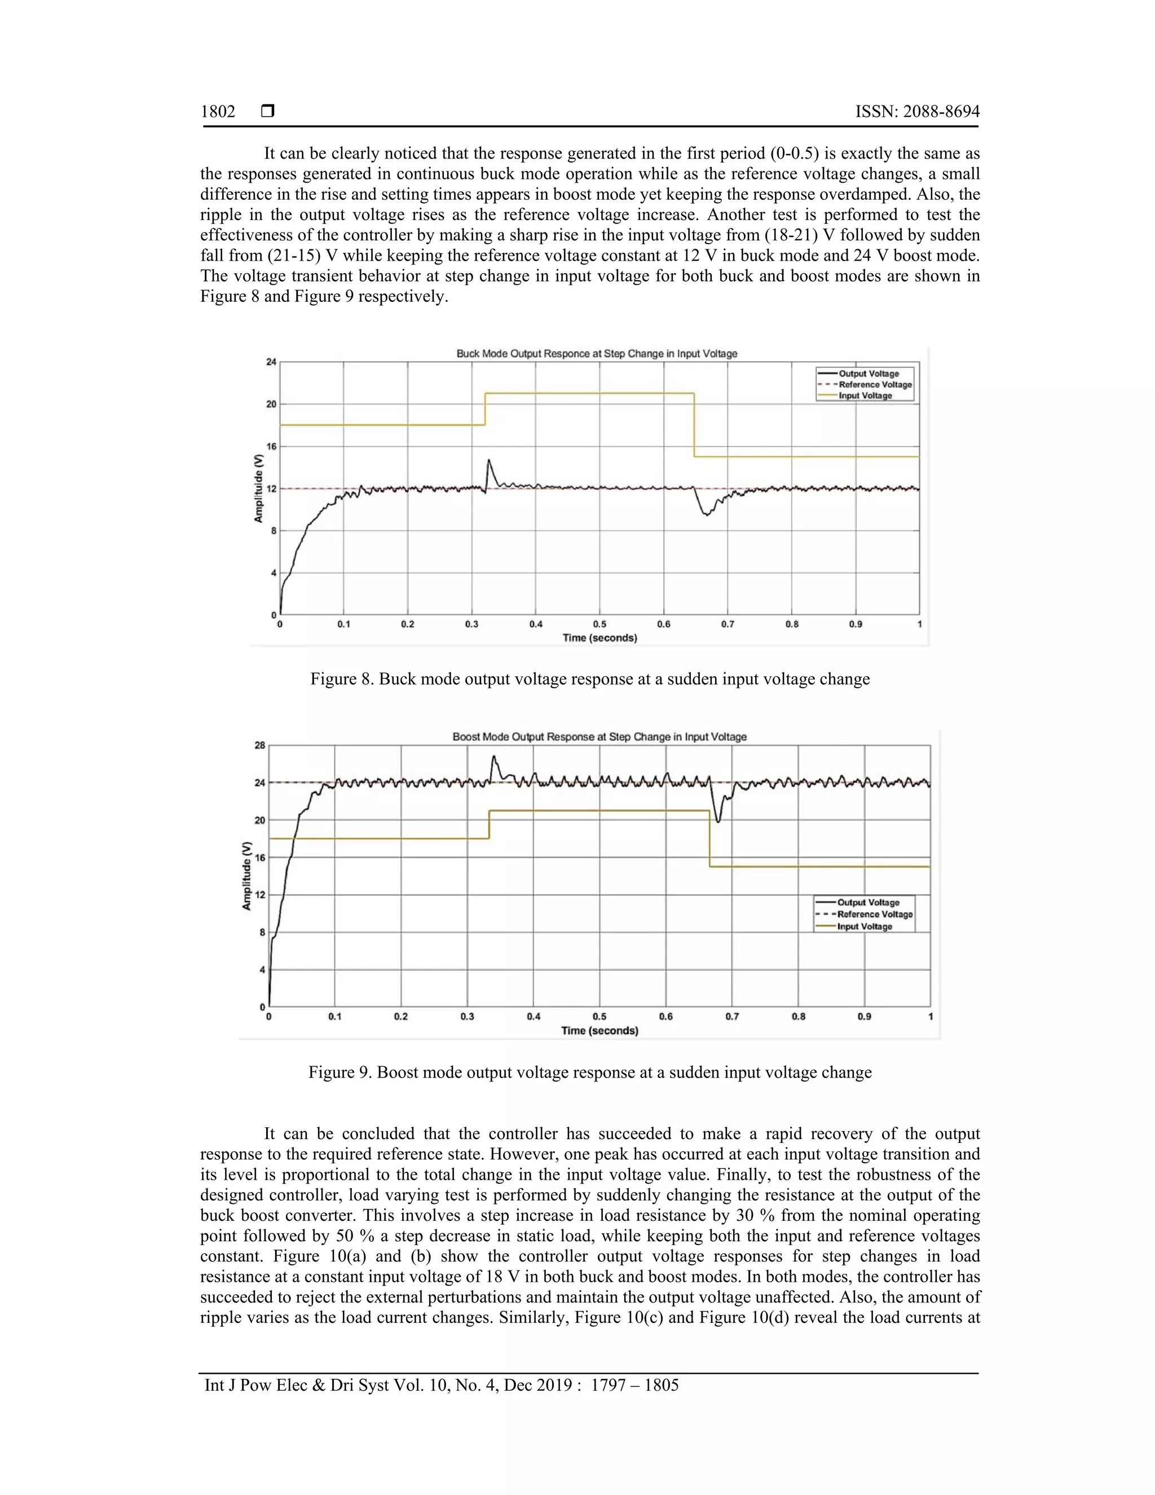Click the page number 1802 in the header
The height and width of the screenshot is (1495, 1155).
click(x=218, y=112)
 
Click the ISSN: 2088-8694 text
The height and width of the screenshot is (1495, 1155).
click(x=917, y=112)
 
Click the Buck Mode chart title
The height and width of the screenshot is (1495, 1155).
click(x=597, y=354)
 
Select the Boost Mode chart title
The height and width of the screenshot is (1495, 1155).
click(x=599, y=737)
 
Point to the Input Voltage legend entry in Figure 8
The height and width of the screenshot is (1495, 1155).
click(x=865, y=395)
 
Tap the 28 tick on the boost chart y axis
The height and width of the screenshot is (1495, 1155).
click(x=260, y=745)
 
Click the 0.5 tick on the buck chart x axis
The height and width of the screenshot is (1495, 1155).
click(x=599, y=625)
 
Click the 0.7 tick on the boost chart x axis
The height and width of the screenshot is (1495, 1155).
click(x=732, y=1017)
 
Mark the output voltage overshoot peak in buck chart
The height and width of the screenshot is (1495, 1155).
click(x=488, y=461)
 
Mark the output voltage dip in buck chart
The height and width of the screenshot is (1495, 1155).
click(x=706, y=513)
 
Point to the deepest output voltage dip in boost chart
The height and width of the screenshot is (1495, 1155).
click(x=718, y=821)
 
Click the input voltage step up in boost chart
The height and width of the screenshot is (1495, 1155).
click(x=489, y=824)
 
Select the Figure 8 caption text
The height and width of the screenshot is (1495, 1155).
click(x=590, y=679)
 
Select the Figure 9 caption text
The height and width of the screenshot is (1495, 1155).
click(x=590, y=1072)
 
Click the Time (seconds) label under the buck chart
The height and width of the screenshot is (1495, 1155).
click(x=599, y=638)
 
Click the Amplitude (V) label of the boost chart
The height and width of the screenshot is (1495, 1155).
click(x=247, y=876)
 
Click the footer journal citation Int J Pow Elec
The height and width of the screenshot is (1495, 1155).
click(x=442, y=1386)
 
